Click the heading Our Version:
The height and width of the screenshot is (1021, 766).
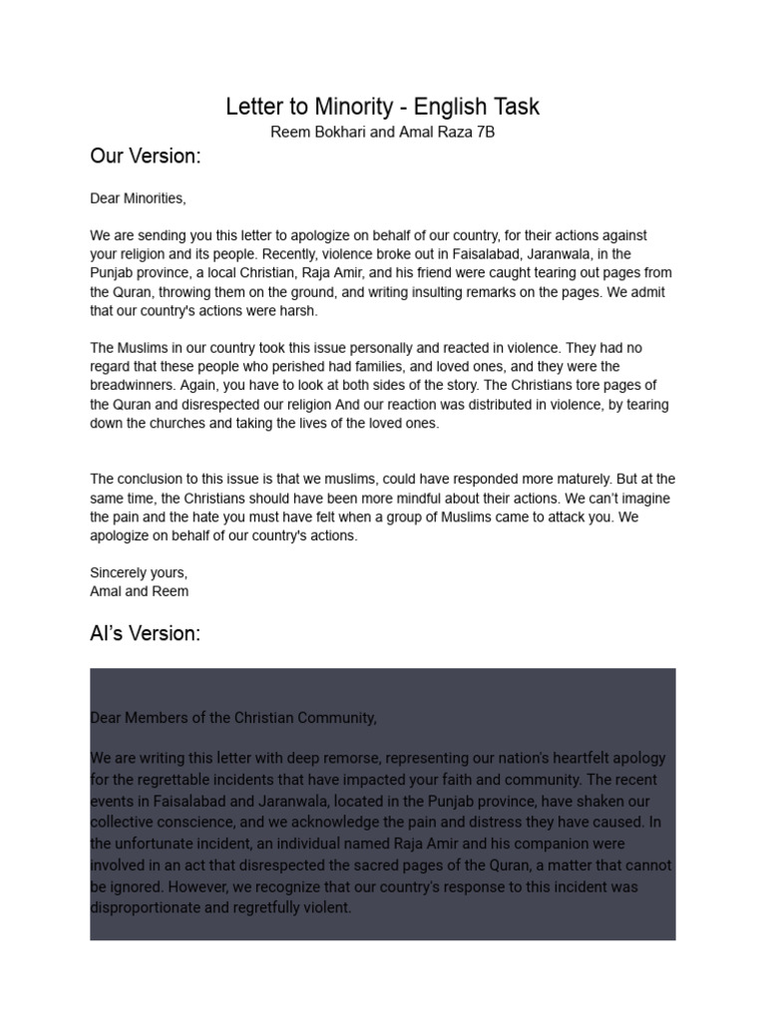[x=146, y=157]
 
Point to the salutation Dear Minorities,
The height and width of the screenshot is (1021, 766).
[x=138, y=198]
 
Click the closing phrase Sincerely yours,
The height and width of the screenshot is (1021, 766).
[x=139, y=573]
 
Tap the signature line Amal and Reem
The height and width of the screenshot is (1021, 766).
[x=139, y=591]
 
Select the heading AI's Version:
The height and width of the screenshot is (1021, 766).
[x=145, y=634]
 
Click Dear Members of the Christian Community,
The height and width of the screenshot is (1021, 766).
[x=233, y=718]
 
